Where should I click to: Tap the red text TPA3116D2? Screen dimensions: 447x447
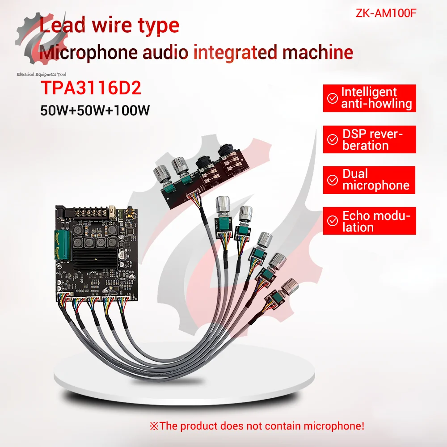pyautogui.click(x=91, y=88)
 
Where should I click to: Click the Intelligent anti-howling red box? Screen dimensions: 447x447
pyautogui.click(x=369, y=98)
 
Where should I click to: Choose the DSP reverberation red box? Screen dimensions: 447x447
pyautogui.click(x=369, y=139)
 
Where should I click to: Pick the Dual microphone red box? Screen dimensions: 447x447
pyautogui.click(x=369, y=180)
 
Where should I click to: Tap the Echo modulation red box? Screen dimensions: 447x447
pyautogui.click(x=369, y=221)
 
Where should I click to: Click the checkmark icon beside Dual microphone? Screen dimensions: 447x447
pyautogui.click(x=333, y=180)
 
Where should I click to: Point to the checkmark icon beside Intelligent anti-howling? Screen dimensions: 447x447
pyautogui.click(x=333, y=98)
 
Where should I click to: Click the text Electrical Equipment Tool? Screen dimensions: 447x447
pyautogui.click(x=42, y=75)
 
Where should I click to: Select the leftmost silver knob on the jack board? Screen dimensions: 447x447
pyautogui.click(x=160, y=173)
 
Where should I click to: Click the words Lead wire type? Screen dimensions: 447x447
pyautogui.click(x=109, y=26)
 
